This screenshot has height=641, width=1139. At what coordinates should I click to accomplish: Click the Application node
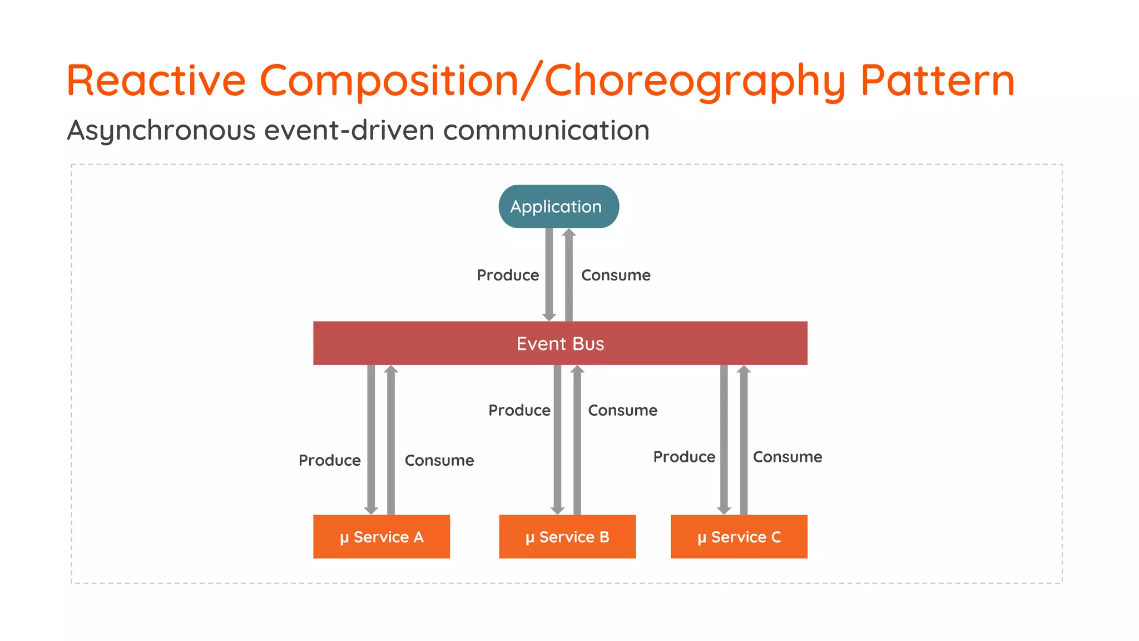558,206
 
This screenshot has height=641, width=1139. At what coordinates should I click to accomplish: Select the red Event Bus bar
560,343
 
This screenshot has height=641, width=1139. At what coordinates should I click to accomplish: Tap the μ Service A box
382,536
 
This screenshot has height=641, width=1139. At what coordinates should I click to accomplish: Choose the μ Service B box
567,536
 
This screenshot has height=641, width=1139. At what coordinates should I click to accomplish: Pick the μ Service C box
739,536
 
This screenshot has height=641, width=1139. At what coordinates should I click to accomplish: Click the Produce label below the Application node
508,275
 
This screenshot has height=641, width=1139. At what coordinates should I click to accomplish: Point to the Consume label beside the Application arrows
616,275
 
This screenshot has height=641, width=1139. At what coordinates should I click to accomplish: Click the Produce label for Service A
329,460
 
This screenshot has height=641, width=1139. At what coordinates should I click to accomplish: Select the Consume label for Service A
439,460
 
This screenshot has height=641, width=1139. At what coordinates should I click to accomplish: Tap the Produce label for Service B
519,410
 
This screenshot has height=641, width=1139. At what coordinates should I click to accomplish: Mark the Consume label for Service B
622,410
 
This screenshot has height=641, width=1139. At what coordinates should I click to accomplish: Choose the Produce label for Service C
684,457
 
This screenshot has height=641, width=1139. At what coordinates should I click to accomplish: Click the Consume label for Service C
787,457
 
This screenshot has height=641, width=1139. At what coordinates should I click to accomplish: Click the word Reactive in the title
156,81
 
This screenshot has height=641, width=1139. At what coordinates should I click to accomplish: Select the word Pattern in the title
938,81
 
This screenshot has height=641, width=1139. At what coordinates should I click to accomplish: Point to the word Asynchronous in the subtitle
161,131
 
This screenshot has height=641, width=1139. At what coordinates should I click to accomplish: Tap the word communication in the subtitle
546,131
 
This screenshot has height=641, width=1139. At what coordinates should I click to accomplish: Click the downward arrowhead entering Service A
371,510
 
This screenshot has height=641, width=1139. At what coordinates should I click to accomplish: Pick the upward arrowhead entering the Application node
568,233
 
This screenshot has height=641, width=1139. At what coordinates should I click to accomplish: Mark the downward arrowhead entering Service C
724,510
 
